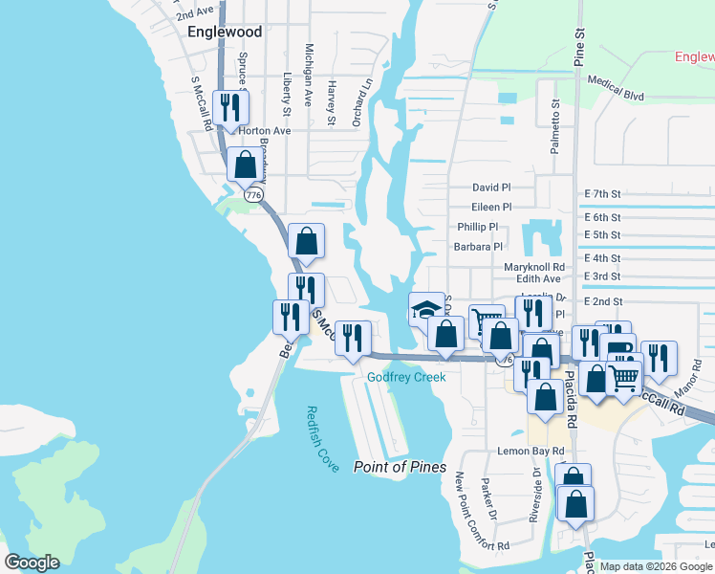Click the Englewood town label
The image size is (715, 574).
pos(225,32)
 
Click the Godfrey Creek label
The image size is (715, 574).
pos(406,377)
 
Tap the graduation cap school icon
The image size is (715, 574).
pos(426,310)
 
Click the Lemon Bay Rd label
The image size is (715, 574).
pos(530,451)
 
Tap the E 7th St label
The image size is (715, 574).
pos(602,193)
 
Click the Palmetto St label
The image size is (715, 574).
pos(554,129)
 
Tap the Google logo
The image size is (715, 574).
pos(32,563)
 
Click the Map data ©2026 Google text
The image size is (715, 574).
pos(656,566)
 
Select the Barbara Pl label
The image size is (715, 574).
pos(478,246)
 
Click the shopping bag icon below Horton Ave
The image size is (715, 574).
pos(246,165)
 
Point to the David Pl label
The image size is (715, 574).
pos(491,188)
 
